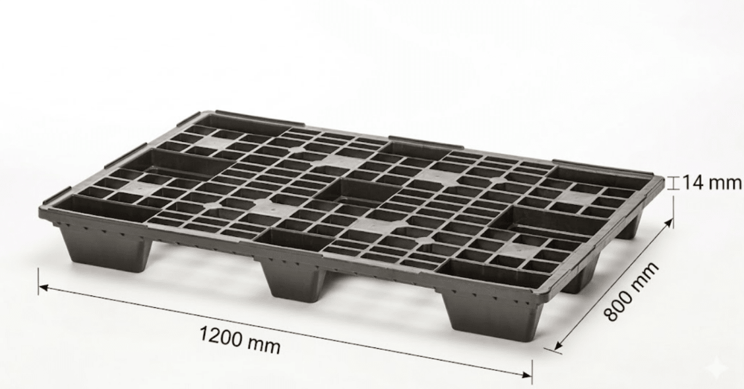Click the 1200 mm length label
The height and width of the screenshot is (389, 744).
[x=239, y=335]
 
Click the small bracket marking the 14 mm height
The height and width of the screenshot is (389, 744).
[x=675, y=183]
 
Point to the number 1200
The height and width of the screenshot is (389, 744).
[x=220, y=332]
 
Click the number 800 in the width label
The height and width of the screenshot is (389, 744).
[x=619, y=305]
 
